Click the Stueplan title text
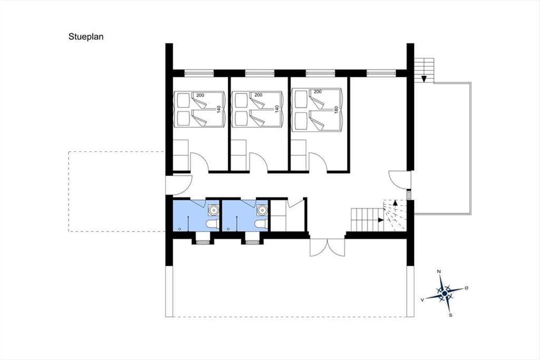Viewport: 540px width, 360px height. tap(86, 37)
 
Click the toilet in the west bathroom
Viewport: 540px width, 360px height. tap(212, 224)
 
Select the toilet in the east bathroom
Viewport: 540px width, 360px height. tap(261, 224)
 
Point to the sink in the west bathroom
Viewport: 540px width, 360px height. tap(214, 210)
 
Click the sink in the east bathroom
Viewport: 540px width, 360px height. tap(262, 210)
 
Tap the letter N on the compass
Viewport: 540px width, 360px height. tap(439, 271)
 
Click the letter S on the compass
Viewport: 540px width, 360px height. tap(450, 315)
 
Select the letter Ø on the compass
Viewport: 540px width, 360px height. tap(467, 288)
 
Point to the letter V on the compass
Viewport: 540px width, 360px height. tap(423, 300)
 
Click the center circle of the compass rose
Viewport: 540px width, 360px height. tap(445, 293)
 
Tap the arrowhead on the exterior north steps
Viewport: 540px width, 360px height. tap(424, 79)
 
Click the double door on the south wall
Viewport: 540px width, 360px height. tap(328, 247)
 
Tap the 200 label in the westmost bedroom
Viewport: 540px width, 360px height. tap(200, 95)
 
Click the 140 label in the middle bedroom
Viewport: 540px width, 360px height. tap(277, 109)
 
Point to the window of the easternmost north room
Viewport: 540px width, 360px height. tap(382, 73)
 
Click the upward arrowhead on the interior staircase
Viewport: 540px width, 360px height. tap(395, 202)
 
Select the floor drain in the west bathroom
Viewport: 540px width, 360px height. tap(180, 229)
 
